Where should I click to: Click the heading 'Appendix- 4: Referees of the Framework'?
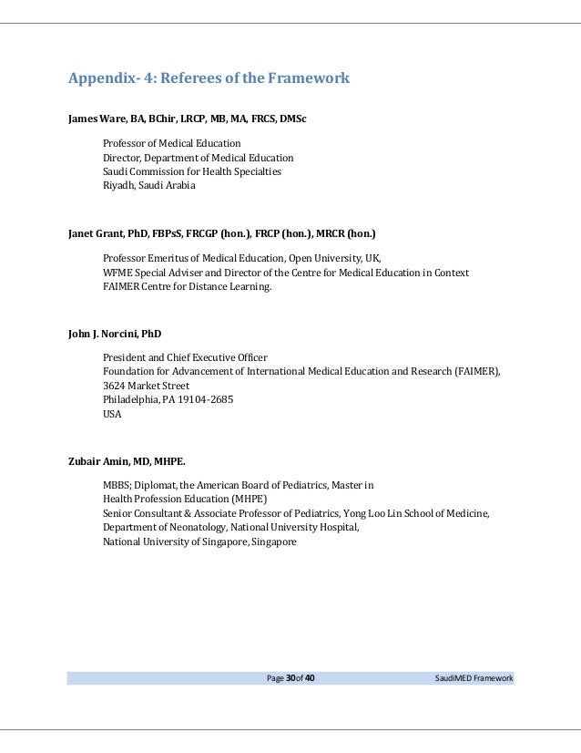[x=209, y=78]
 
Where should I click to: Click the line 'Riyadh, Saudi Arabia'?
[x=148, y=185]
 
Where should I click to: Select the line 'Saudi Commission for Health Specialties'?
[x=192, y=171]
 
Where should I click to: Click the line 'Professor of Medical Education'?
[x=172, y=143]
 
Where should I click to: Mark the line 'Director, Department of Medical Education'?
[x=198, y=158]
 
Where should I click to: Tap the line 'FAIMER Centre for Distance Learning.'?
[x=187, y=286]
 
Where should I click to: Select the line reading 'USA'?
[x=112, y=414]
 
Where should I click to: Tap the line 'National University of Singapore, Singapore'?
[x=199, y=542]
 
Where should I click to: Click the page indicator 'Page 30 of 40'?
[x=290, y=678]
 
